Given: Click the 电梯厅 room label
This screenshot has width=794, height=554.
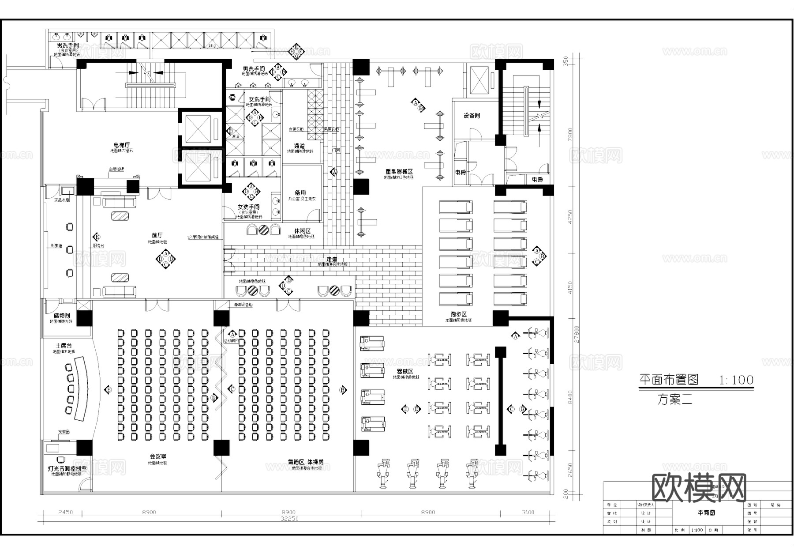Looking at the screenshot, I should [121, 145].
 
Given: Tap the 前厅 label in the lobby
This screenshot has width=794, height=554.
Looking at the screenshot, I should [157, 235].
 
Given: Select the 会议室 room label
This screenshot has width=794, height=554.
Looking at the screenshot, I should [157, 456].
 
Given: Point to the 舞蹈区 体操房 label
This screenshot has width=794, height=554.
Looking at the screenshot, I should [306, 461].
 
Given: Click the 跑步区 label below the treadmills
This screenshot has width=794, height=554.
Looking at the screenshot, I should [458, 314].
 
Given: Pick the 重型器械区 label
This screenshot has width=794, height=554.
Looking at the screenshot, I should [398, 171].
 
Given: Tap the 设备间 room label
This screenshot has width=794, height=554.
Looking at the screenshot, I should [472, 116].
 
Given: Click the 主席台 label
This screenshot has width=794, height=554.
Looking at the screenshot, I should [64, 346].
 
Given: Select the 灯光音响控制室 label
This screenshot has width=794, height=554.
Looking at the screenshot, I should [67, 468].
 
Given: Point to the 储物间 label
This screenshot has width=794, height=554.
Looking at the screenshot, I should [62, 316].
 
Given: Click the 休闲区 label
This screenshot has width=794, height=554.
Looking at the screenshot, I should [302, 231].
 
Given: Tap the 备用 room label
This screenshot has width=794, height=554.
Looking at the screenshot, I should [300, 193].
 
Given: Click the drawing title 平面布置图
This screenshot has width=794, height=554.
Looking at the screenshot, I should [669, 380].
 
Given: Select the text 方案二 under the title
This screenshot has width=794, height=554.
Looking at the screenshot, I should [675, 400].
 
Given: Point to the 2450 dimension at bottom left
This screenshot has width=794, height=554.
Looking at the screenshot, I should [65, 512].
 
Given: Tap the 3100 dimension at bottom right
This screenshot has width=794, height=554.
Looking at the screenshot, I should [528, 512].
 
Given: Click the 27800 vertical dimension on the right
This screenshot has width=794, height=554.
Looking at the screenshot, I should [577, 334].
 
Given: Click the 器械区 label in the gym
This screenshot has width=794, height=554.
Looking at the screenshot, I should [404, 372].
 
